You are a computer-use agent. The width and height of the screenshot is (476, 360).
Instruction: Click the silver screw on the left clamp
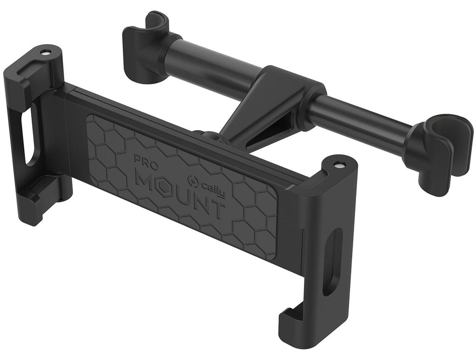coord(45,52)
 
